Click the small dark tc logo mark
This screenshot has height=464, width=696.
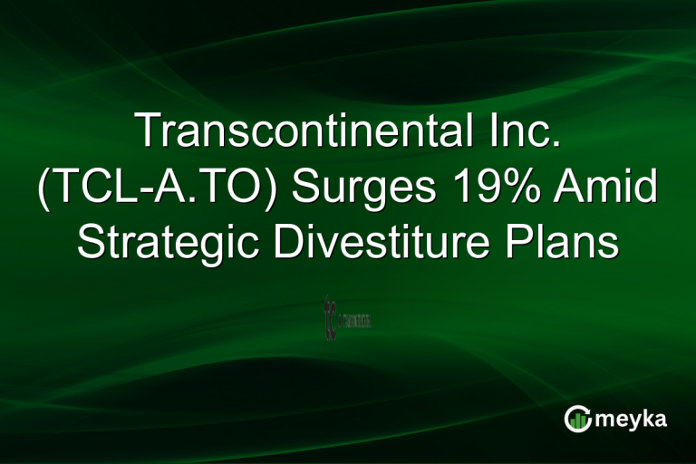[x=330, y=317]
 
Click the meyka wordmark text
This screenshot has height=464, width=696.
[x=628, y=418]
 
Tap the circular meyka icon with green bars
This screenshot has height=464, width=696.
[x=577, y=418]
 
